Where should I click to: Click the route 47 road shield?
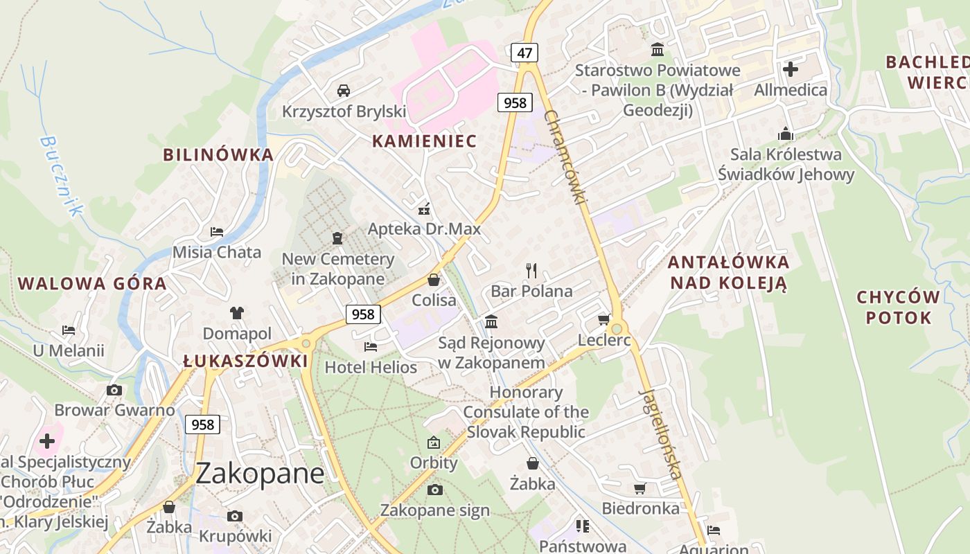(x=524, y=52)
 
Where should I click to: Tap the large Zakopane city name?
(x=260, y=474)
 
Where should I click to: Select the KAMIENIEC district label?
(x=424, y=141)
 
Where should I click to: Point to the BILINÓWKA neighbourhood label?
(x=218, y=154)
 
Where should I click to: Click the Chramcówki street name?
(x=565, y=157)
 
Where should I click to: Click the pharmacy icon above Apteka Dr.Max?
(x=425, y=208)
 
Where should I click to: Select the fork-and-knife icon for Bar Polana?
(x=531, y=270)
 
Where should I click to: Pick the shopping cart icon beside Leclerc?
(x=603, y=319)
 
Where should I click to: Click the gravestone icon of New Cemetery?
(x=337, y=238)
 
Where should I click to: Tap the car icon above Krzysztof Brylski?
(x=343, y=90)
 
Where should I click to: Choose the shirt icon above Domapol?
(x=237, y=312)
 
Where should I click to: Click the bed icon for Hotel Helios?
(x=371, y=346)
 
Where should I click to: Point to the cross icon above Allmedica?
(x=790, y=69)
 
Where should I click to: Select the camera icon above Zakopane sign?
(x=434, y=490)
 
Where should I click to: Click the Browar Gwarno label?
(x=114, y=410)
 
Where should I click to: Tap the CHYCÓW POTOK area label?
(x=898, y=307)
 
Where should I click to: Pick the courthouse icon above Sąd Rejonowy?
(x=491, y=321)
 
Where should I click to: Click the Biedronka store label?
(x=640, y=508)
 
